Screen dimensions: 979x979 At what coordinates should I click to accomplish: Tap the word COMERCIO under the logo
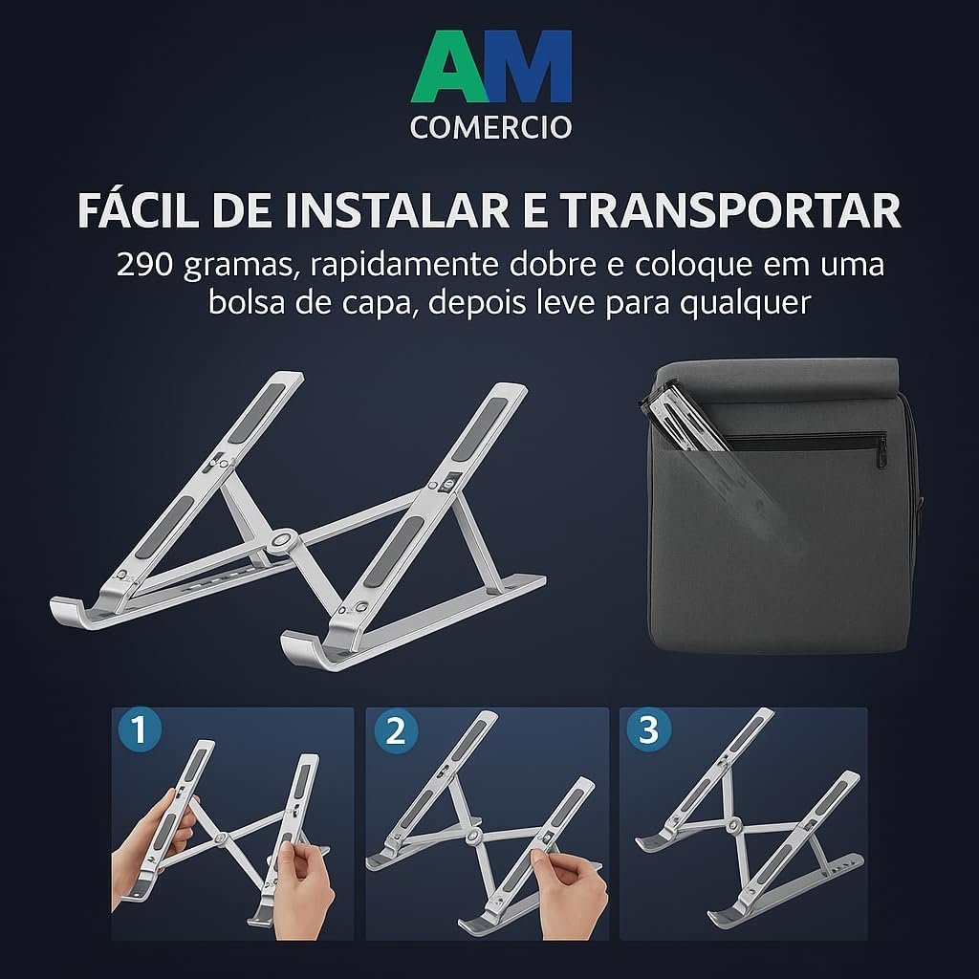click(x=490, y=127)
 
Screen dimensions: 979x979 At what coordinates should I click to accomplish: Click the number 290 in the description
click(x=144, y=265)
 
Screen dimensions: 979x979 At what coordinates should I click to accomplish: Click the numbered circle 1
click(x=140, y=729)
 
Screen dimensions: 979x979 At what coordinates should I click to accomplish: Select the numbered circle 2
click(x=396, y=730)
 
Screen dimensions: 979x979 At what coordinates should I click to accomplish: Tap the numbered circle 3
click(x=649, y=729)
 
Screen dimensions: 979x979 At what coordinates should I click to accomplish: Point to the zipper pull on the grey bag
click(x=882, y=454)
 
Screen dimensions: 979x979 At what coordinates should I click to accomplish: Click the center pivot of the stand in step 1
click(x=220, y=838)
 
